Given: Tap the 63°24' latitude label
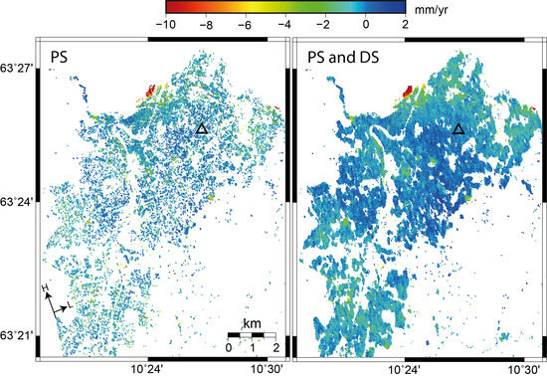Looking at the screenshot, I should point(18,200).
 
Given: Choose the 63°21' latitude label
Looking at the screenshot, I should point(18,334).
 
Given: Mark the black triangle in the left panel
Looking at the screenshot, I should point(202,128).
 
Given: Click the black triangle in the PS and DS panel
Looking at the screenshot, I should point(458,128).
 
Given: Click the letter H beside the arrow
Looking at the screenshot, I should point(46,288).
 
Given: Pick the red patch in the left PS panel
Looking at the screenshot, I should point(150,92).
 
